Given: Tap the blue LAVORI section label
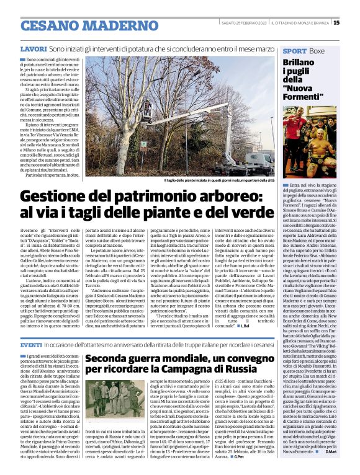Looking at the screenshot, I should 34,48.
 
